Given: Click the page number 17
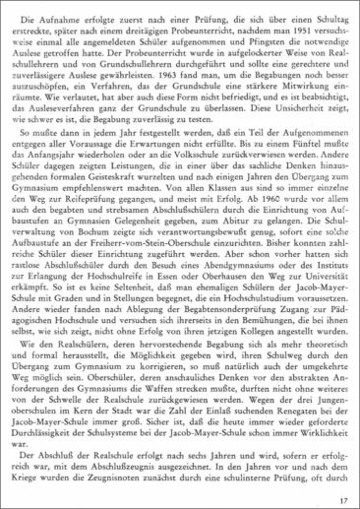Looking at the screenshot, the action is pyautogui.click(x=340, y=500).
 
